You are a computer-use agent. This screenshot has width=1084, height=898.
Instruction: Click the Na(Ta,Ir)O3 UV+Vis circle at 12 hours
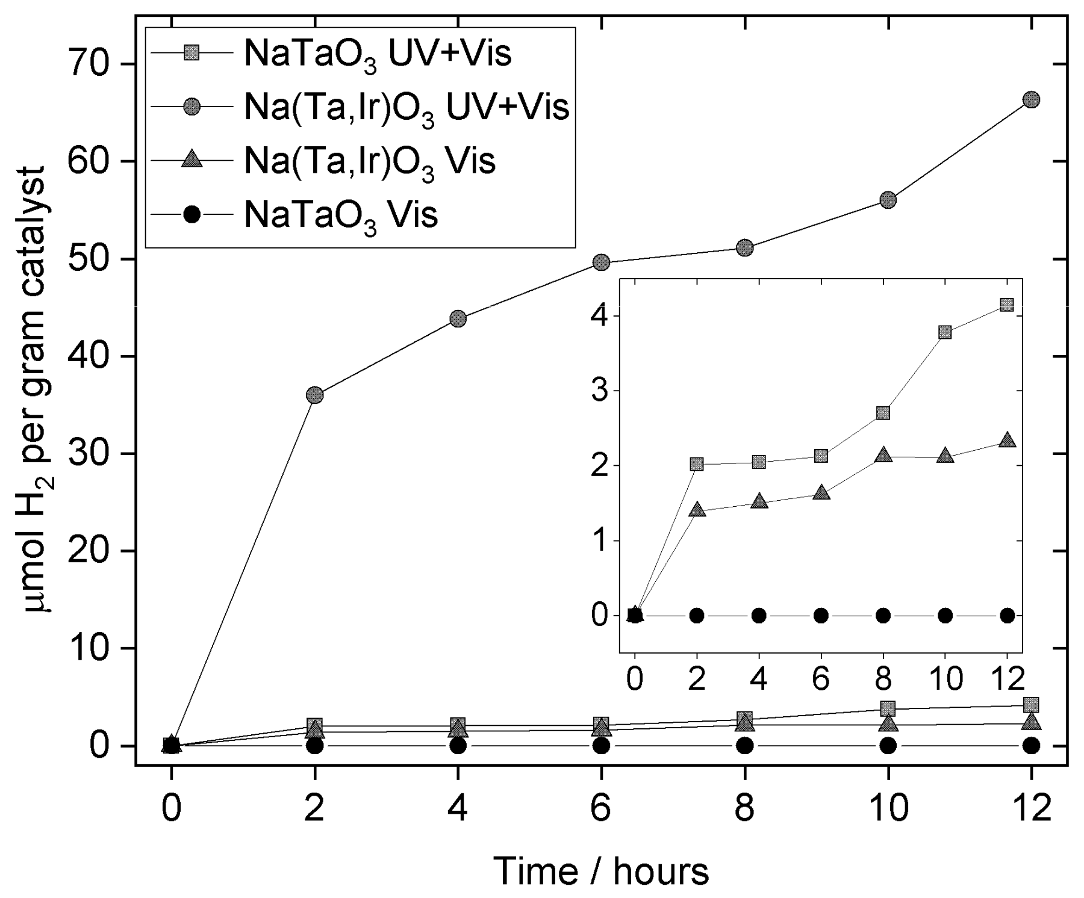tap(1031, 100)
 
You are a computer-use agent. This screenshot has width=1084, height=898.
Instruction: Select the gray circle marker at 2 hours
tap(315, 395)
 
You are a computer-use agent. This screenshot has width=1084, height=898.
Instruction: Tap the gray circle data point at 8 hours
tap(745, 247)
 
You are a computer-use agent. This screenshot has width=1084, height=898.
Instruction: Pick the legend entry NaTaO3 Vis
tap(340, 214)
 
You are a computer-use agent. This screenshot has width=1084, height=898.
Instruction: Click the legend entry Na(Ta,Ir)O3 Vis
tap(369, 161)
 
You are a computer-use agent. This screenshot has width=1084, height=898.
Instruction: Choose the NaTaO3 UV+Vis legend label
tap(377, 54)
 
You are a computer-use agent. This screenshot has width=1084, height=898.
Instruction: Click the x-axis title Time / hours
tap(601, 871)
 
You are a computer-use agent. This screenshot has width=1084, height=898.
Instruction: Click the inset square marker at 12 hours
tap(1006, 305)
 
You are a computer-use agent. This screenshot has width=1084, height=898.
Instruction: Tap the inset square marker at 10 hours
tap(945, 332)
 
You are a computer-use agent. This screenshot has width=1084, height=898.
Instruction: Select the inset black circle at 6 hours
tap(821, 615)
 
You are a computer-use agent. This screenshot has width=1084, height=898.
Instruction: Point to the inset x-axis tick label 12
tap(1006, 679)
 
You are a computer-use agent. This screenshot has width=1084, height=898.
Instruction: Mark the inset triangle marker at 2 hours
tap(697, 510)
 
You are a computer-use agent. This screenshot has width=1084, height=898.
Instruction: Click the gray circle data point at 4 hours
tap(458, 318)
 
